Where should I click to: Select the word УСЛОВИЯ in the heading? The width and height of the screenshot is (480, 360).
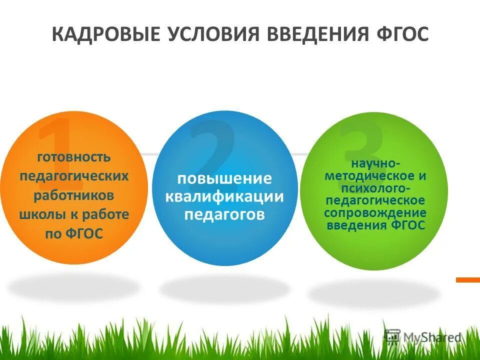point(212,35)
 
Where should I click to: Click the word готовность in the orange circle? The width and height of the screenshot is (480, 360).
point(74,157)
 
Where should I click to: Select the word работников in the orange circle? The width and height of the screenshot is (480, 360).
point(74,195)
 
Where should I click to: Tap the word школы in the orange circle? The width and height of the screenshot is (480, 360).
point(37,214)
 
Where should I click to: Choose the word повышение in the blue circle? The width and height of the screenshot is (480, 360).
point(225,178)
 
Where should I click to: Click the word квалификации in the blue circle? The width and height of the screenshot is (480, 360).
point(225,196)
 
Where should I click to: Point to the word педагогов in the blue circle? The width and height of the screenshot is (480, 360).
point(225,214)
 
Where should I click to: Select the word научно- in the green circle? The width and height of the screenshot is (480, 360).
point(375,164)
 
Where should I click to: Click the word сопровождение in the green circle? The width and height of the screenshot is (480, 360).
point(375,212)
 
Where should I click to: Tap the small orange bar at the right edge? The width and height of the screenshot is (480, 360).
point(467,280)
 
